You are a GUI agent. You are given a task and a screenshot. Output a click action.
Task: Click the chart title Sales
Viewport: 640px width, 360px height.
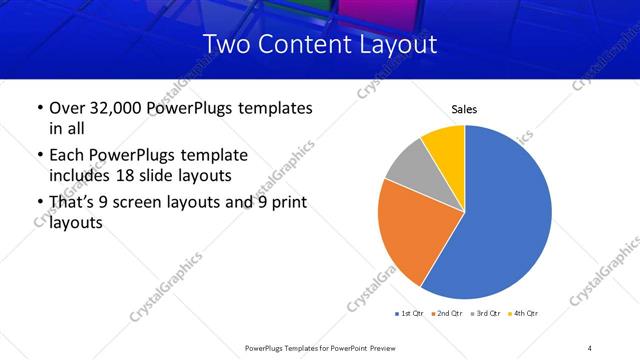(464, 108)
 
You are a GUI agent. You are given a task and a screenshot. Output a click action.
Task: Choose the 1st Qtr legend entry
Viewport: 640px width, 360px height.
(410, 314)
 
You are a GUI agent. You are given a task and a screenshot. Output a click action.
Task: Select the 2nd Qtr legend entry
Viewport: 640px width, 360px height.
(446, 314)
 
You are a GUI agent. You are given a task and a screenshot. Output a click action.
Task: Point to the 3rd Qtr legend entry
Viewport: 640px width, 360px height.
(484, 314)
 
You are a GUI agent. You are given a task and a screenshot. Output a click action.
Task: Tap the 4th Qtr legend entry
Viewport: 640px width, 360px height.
(521, 314)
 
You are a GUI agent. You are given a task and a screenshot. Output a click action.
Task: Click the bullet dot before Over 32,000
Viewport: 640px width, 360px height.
(39, 108)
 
